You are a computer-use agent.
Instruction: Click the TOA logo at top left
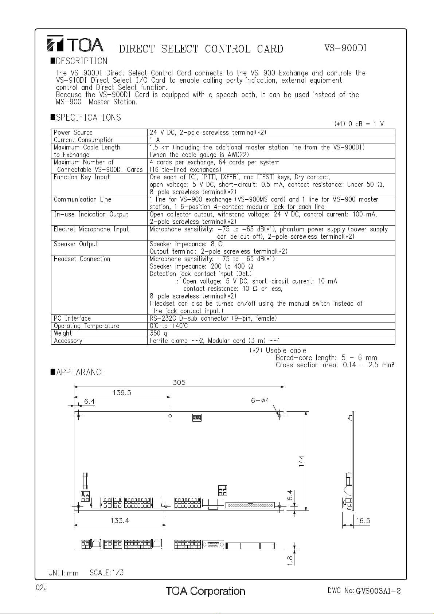pyautogui.click(x=75, y=44)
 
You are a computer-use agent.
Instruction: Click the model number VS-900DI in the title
pyautogui.click(x=345, y=48)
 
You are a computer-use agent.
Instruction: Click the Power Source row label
pyautogui.click(x=73, y=133)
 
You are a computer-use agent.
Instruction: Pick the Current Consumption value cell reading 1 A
pyautogui.click(x=155, y=140)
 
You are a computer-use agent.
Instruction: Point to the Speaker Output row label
pyautogui.click(x=76, y=244)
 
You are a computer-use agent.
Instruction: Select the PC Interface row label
pyautogui.click(x=72, y=318)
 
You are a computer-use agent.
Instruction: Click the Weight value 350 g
pyautogui.click(x=159, y=333)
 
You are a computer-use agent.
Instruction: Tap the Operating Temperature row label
pyautogui.click(x=86, y=326)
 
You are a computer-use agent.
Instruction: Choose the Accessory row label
pyautogui.click(x=68, y=341)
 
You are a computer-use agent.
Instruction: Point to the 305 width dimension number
pyautogui.click(x=179, y=383)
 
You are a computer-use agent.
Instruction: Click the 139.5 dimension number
pyautogui.click(x=122, y=393)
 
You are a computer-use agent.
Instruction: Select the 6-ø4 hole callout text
pyautogui.click(x=260, y=400)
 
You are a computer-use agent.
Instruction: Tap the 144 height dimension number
pyautogui.click(x=301, y=461)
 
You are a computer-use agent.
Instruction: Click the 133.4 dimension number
pyautogui.click(x=120, y=521)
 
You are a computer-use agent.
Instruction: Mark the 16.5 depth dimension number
pyautogui.click(x=363, y=521)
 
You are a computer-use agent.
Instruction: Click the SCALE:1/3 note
pyautogui.click(x=107, y=573)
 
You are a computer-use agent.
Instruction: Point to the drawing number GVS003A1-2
pyautogui.click(x=378, y=591)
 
